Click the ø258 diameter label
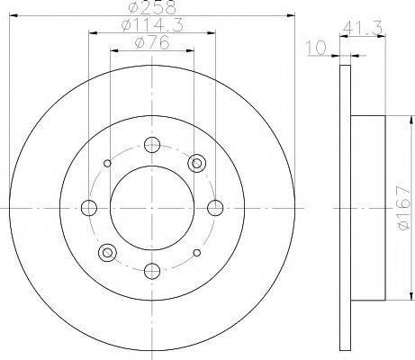[152, 7]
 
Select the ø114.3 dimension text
[152, 25]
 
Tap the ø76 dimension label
[152, 42]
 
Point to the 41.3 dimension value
[363, 29]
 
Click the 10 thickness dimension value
[316, 48]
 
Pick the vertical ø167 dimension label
[403, 208]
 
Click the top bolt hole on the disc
[152, 145]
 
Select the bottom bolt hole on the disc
[152, 271]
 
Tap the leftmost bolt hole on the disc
[89, 208]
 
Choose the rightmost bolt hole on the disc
[215, 208]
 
